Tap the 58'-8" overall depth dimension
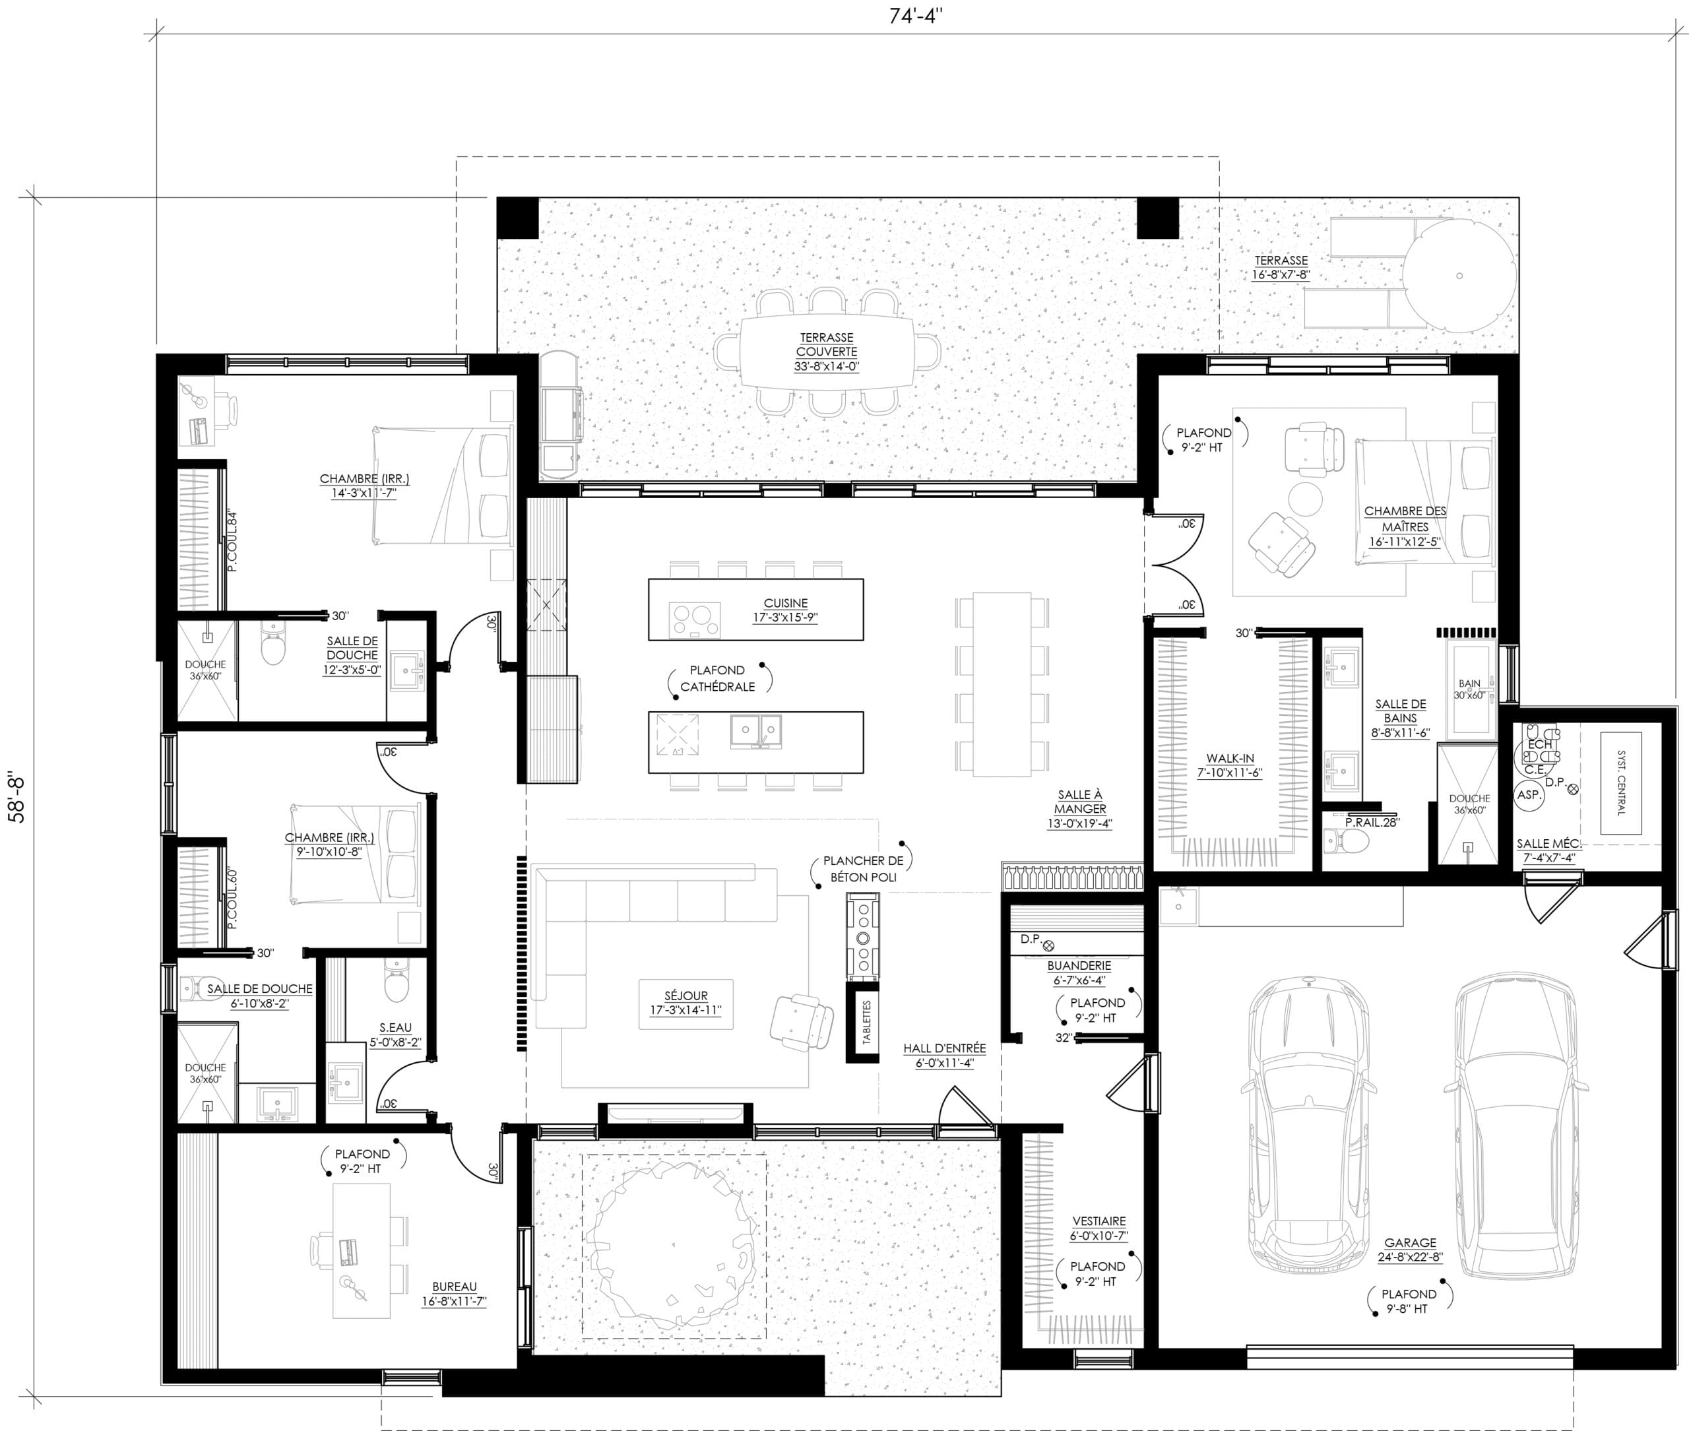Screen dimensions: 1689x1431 pyautogui.click(x=17, y=801)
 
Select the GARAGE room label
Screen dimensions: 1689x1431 pyautogui.click(x=1410, y=1243)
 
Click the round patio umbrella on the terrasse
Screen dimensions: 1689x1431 pyautogui.click(x=1459, y=276)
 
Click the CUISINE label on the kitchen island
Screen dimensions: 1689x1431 pyautogui.click(x=785, y=604)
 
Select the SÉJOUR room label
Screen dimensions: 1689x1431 pyautogui.click(x=685, y=996)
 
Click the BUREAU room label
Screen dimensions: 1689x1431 pyautogui.click(x=455, y=1287)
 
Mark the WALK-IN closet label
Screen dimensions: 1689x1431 pyautogui.click(x=1230, y=759)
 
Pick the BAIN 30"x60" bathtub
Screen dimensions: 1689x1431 pyautogui.click(x=1469, y=689)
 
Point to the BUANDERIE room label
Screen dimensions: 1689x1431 pyautogui.click(x=1079, y=966)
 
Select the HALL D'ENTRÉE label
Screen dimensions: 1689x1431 pyautogui.click(x=944, y=1048)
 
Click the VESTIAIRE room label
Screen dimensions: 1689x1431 pyautogui.click(x=1099, y=1221)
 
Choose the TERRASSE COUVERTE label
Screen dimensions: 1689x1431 pyautogui.click(x=827, y=345)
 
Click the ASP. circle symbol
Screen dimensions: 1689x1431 pyautogui.click(x=1529, y=796)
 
